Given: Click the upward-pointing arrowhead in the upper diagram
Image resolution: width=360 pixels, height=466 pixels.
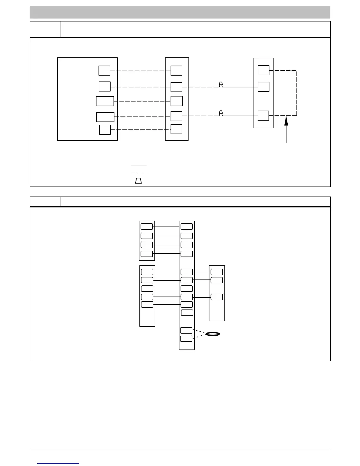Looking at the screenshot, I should [x=286, y=121].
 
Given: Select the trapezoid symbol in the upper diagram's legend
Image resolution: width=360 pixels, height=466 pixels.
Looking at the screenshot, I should [x=139, y=181].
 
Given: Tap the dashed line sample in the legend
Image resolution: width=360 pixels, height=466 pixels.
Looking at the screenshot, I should [x=139, y=173].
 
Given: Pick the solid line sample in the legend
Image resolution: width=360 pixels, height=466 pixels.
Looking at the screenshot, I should [x=139, y=166].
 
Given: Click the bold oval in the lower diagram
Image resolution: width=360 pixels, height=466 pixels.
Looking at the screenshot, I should [x=213, y=334].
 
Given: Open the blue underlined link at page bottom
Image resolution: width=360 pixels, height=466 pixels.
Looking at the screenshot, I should [x=58, y=463].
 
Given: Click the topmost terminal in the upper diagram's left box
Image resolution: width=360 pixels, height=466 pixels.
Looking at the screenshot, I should [x=104, y=71].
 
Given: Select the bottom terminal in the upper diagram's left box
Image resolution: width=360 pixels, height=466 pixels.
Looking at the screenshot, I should [x=105, y=130].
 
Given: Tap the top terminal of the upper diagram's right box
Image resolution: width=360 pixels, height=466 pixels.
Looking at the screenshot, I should [x=263, y=71].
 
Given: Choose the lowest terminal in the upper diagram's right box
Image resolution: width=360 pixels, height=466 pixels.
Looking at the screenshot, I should [x=263, y=116].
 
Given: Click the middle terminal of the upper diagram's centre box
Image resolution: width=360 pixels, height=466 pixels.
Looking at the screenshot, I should [x=176, y=101].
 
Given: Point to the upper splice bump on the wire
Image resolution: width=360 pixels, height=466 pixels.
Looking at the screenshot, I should [x=221, y=85].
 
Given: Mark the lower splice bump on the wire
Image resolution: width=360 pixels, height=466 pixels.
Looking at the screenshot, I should [x=221, y=113].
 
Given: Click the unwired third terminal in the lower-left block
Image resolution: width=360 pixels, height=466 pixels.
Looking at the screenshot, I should [x=147, y=289].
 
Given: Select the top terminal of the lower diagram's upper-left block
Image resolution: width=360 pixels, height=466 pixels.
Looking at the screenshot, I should [x=147, y=227].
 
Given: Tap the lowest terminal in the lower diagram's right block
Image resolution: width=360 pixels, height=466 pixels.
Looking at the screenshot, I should [x=217, y=297].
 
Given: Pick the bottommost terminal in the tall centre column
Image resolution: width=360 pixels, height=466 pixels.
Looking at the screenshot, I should [x=186, y=339].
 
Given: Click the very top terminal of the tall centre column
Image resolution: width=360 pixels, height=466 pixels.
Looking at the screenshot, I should [x=187, y=227].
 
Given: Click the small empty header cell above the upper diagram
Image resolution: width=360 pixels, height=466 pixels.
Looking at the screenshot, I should [x=45, y=29].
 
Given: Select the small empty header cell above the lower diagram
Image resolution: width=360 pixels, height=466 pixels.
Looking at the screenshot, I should [x=45, y=202].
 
